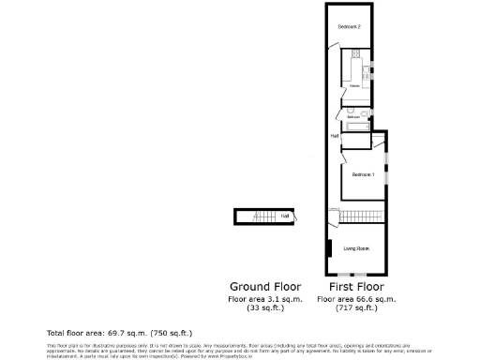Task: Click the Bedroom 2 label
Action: pos(350,26)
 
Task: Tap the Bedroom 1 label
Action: pos(363,174)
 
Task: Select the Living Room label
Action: pos(356,248)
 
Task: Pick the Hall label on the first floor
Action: pos(334,136)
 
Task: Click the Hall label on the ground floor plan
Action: pos(284,217)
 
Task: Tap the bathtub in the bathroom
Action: pos(357,126)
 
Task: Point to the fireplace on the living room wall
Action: pos(329,248)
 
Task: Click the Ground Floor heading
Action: pos(264,286)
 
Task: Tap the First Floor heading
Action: pos(356,286)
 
